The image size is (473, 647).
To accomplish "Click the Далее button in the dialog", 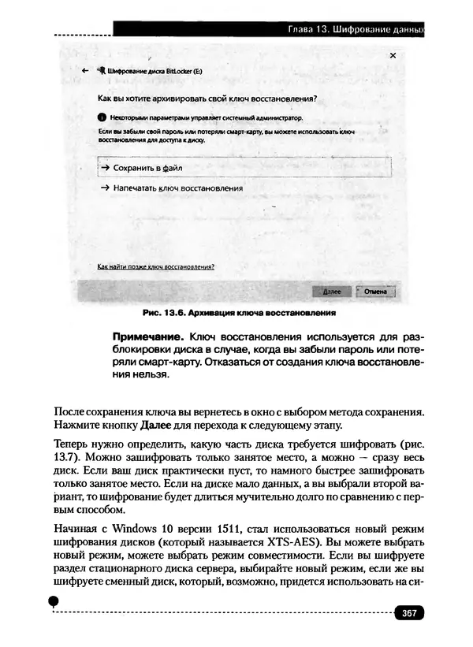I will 332,291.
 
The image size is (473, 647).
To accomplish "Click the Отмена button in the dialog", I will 374,291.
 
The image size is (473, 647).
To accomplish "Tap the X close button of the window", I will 392,56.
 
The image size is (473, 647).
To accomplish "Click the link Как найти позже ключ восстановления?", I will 155,267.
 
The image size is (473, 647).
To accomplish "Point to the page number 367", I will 408,613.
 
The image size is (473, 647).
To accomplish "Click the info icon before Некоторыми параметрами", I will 91,116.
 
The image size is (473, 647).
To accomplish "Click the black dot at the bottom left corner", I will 54,601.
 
